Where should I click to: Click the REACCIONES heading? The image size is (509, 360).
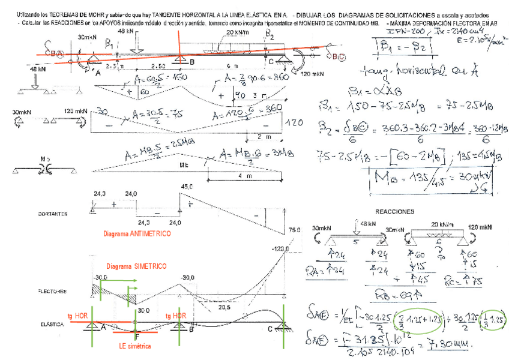pyautogui.click(x=394, y=212)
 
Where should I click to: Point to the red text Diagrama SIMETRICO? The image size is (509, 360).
pyautogui.click(x=136, y=266)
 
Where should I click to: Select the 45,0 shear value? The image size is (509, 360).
pyautogui.click(x=187, y=187)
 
